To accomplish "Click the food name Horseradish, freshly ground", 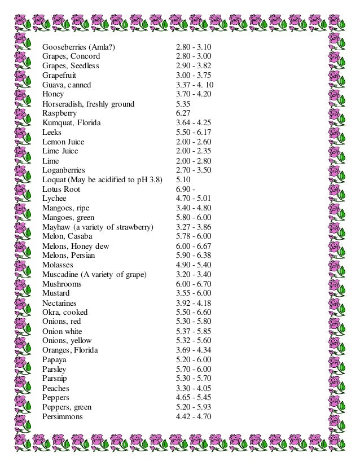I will pos(88,104).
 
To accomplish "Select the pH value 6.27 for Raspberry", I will pos(183,113).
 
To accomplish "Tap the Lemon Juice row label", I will pos(63,142).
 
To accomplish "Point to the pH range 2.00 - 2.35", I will pos(194,151).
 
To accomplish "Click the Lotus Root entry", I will pos(62,189).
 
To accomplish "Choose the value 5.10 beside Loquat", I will pos(183,179).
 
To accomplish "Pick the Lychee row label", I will pos(54,199).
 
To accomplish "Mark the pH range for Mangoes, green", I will pos(194,217).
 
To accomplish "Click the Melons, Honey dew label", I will pos(76,246).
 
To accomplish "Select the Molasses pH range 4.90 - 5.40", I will pos(194,265).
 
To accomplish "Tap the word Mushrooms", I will pos(62,284).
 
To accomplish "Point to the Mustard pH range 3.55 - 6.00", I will pos(194,293).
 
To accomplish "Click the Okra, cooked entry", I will pos(65,312).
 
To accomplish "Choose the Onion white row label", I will pos(62,331).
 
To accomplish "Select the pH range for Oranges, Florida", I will pos(194,350).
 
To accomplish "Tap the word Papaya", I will pos(54,359).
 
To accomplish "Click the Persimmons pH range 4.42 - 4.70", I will pos(194,416).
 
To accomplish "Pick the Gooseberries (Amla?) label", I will pos(78,47).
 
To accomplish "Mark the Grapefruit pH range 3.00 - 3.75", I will pos(194,75).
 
